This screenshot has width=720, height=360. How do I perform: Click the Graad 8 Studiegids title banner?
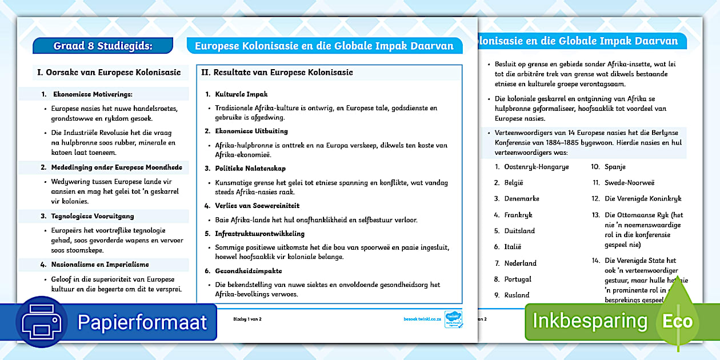[x=103, y=46]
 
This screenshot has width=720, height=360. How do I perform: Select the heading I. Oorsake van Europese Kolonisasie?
[x=109, y=73]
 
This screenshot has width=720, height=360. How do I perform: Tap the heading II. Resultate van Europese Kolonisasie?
[x=277, y=73]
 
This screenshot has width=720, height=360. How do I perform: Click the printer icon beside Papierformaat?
[x=42, y=321]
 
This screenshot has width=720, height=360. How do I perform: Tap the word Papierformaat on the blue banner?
[x=142, y=322]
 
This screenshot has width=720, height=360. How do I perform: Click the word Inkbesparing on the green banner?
[x=590, y=321]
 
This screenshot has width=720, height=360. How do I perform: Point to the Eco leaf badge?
[x=677, y=320]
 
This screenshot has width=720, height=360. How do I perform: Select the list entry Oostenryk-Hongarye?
[x=536, y=167]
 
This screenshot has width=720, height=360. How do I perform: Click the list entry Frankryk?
[x=518, y=215]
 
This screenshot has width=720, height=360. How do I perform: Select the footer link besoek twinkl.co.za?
[x=421, y=318]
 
